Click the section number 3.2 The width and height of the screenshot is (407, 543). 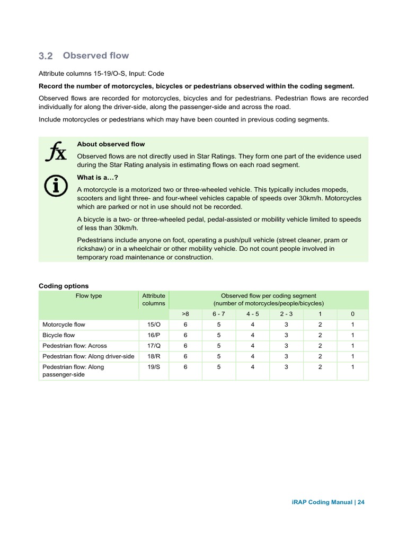pos(46,56)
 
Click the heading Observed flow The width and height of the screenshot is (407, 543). pos(95,56)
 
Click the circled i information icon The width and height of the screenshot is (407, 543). pos(55,185)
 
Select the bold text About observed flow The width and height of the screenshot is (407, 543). pos(111,144)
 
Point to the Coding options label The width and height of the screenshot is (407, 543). pos(64,286)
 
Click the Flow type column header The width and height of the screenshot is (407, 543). pos(89,296)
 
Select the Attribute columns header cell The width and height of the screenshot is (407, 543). pos(154,300)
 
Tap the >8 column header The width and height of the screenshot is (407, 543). pos(185,313)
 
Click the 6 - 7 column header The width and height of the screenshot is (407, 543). pos(219,313)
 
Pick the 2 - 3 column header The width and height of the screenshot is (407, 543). pos(286,313)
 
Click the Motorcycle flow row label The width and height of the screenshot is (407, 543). pos(64,325)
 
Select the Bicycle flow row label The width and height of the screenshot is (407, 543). pos(58,335)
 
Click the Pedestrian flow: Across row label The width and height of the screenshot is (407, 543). pos(75,346)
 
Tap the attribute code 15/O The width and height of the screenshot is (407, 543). pos(154,325)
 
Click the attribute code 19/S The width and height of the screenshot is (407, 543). pos(154,367)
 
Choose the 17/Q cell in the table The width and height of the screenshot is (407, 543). pos(154,346)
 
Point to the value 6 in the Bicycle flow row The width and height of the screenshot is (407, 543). pos(185,335)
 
